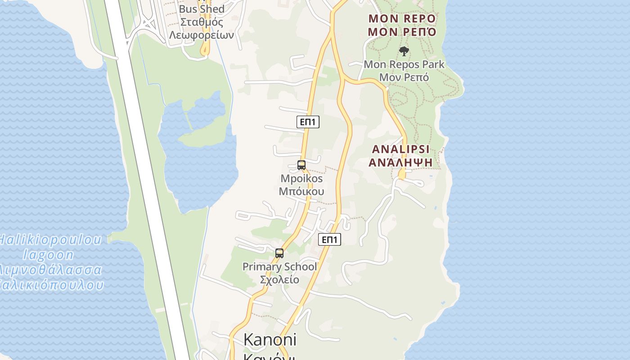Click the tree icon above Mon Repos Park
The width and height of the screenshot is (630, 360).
[x=404, y=51]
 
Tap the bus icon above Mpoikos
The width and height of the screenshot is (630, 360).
[x=301, y=165]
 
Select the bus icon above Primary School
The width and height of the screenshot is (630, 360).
[x=279, y=253]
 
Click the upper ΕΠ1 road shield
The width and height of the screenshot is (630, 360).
[x=308, y=121]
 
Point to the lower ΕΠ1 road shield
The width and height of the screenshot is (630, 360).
[x=330, y=239]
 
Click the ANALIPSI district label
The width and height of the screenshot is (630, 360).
[x=400, y=149]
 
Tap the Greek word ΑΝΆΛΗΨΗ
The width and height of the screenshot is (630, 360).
[x=400, y=162]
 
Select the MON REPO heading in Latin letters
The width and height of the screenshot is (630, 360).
[x=402, y=18]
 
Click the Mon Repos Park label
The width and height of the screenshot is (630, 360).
[x=404, y=64]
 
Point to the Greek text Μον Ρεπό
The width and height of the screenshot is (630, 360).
[x=404, y=77]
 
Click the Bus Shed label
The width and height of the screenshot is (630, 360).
[x=202, y=9]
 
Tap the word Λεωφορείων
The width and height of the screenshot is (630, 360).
[x=202, y=35]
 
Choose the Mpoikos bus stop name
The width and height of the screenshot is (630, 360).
[x=301, y=178]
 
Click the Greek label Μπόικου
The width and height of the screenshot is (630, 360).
[x=301, y=191]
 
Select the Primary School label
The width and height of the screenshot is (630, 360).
[x=279, y=266]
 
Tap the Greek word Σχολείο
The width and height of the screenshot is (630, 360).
[x=279, y=279]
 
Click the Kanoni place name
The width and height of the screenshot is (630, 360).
[x=270, y=340]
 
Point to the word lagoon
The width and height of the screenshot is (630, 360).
[x=48, y=255]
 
